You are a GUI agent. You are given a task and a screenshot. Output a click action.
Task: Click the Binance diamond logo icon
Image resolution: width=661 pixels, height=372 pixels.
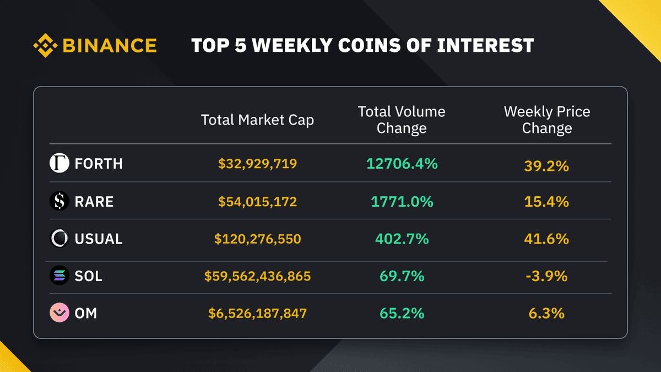(46, 45)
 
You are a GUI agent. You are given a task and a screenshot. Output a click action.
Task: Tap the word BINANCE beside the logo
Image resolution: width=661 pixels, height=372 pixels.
(110, 45)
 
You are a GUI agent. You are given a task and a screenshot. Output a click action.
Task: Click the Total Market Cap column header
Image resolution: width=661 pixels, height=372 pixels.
(257, 120)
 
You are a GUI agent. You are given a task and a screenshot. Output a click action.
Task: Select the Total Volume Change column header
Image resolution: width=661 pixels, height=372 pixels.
(402, 120)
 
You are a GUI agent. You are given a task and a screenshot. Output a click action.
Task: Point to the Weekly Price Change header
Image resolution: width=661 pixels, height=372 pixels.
(547, 120)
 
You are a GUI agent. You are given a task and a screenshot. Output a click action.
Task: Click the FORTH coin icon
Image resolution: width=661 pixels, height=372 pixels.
(59, 164)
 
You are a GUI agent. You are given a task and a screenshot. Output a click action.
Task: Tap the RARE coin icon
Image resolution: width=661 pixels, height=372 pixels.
(59, 202)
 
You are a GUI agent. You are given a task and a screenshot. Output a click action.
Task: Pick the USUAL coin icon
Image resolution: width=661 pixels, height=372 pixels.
(59, 239)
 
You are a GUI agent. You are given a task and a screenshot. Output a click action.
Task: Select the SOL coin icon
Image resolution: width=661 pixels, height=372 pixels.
(59, 276)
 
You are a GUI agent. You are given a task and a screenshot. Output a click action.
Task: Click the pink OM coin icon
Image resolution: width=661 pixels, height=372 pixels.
(59, 313)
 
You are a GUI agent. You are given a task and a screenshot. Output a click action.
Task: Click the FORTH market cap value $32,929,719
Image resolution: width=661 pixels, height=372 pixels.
(257, 164)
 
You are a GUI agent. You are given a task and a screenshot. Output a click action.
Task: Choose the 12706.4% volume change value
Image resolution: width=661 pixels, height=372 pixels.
(402, 164)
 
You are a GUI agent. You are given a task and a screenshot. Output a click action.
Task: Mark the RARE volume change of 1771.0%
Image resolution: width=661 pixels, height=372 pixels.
(402, 202)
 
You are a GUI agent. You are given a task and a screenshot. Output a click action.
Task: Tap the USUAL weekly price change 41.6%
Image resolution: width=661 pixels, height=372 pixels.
(546, 239)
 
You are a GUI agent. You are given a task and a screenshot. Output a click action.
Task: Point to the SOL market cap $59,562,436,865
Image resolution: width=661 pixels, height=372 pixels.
(257, 276)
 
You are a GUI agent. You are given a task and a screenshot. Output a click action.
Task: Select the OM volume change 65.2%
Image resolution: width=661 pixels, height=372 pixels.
(402, 314)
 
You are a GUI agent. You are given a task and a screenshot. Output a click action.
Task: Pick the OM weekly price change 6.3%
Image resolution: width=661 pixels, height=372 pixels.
(546, 314)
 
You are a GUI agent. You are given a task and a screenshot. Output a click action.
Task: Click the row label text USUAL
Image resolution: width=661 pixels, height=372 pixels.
(99, 239)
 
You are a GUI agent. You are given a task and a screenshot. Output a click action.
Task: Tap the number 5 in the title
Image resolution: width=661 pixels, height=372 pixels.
(240, 45)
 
